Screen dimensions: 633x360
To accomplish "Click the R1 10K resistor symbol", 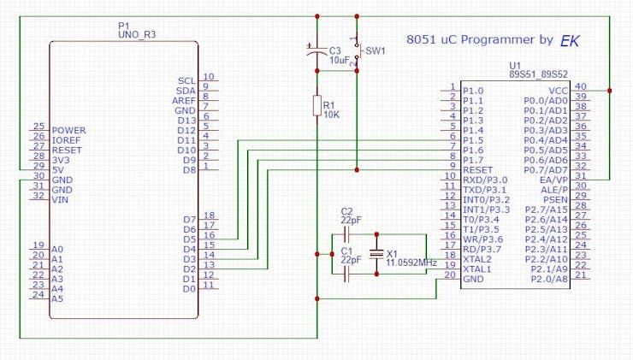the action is [317, 106].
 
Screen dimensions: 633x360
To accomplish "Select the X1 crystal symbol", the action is [376, 254].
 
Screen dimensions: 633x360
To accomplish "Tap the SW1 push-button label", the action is [376, 51].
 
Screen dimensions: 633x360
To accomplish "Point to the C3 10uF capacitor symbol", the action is [316, 50].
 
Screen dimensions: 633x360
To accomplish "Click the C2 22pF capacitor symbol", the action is [346, 234].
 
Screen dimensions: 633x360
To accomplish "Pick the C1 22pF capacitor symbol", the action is [346, 274].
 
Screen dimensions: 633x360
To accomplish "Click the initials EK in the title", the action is [570, 41].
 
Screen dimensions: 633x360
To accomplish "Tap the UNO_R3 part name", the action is [137, 35].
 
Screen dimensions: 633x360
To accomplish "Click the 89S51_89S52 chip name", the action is [538, 74].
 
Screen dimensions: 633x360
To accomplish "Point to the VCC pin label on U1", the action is [558, 91].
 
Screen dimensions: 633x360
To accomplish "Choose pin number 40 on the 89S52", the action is [581, 86].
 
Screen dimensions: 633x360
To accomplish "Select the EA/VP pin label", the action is [553, 180].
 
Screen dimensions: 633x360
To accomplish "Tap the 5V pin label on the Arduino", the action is [58, 170].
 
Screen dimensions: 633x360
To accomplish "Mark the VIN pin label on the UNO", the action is [60, 200].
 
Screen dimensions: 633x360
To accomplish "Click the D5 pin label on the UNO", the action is [189, 239].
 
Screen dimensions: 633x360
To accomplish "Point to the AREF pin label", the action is [184, 101].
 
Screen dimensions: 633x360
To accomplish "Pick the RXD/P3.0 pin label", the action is [485, 180].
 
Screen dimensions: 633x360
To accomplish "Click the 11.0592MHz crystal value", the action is [411, 263].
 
